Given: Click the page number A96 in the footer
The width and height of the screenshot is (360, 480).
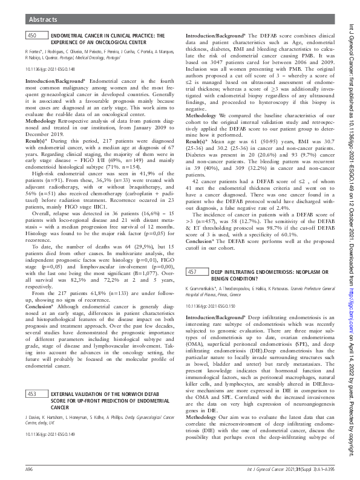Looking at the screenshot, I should pos(28,469).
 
